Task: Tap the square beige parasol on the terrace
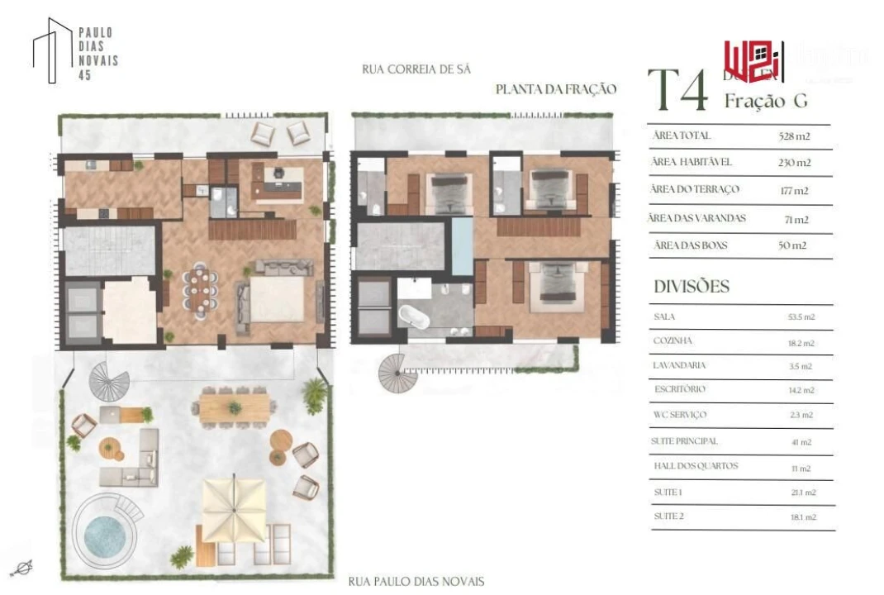pos(235,507)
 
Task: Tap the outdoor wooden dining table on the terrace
pos(235,405)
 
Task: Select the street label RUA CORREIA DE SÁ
pos(416,69)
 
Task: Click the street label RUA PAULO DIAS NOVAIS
pos(416,582)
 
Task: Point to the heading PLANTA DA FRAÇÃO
pos(555,89)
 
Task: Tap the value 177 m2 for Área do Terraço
pos(794,191)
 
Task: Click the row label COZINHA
pos(673,340)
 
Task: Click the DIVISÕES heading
pos(692,287)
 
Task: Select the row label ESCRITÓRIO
pos(679,389)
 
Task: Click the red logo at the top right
pos(752,61)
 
